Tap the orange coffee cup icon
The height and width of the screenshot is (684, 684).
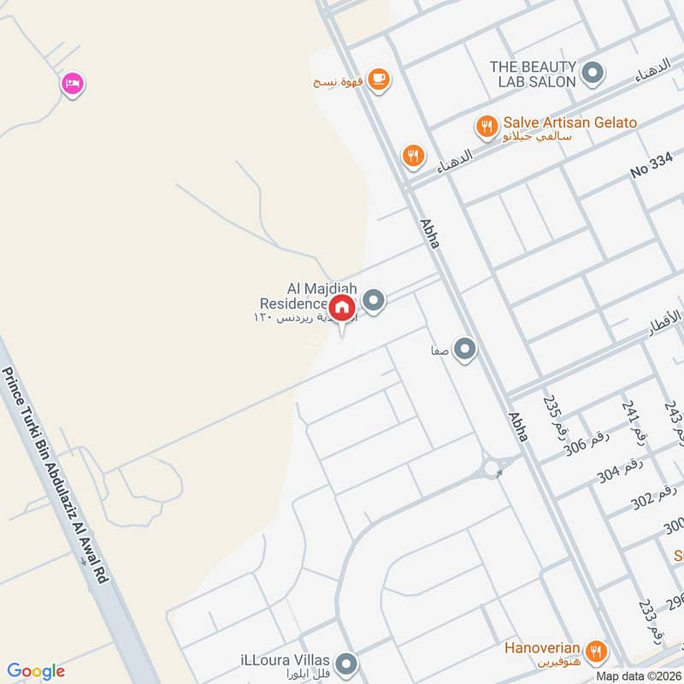coord(380,79)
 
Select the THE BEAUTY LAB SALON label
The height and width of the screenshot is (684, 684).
coord(533,74)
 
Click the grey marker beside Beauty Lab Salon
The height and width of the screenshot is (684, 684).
coord(592,74)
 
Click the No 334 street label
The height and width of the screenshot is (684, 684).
coord(653,170)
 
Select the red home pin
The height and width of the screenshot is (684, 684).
coord(342,308)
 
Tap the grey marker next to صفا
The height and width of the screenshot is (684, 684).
coord(465,349)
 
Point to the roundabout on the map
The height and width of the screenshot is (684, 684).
coord(492,468)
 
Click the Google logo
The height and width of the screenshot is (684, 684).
coord(36,671)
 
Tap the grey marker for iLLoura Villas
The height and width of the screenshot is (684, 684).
coord(346,663)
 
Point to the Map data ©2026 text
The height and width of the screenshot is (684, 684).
coord(637,675)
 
